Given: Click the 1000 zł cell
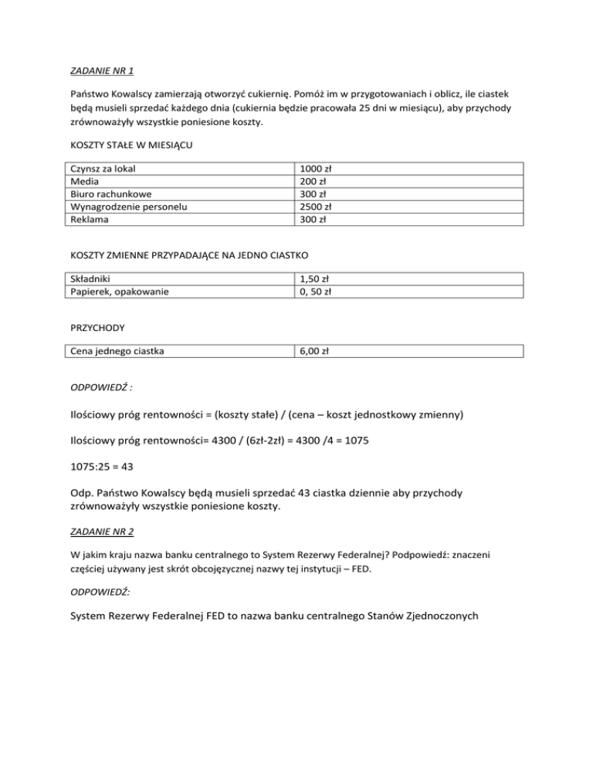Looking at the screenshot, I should click(316, 167).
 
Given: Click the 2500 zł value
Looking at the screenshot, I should click(316, 207).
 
